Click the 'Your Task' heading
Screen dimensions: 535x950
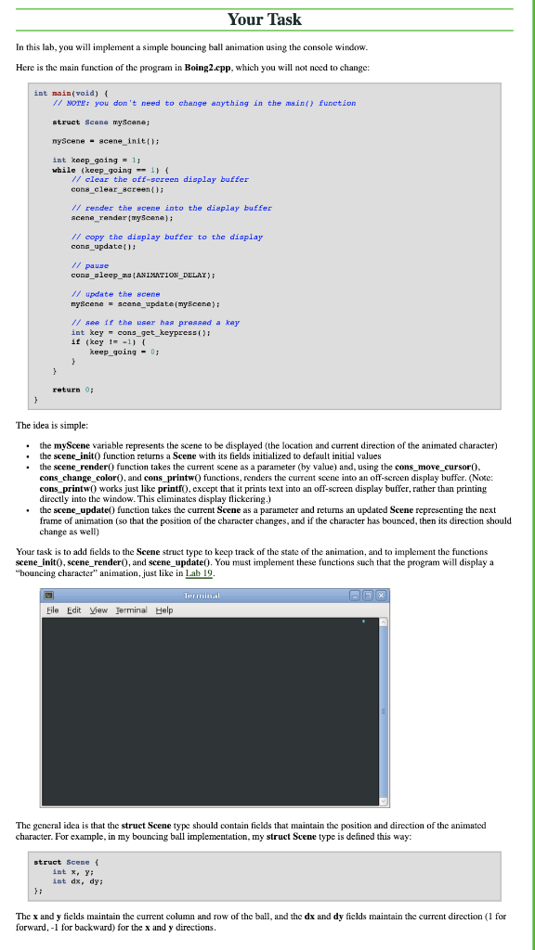pyautogui.click(x=267, y=19)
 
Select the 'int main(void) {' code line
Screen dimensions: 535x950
pyautogui.click(x=72, y=93)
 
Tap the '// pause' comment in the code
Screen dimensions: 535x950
pyautogui.click(x=84, y=265)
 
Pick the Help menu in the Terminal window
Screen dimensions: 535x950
pyautogui.click(x=164, y=610)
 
